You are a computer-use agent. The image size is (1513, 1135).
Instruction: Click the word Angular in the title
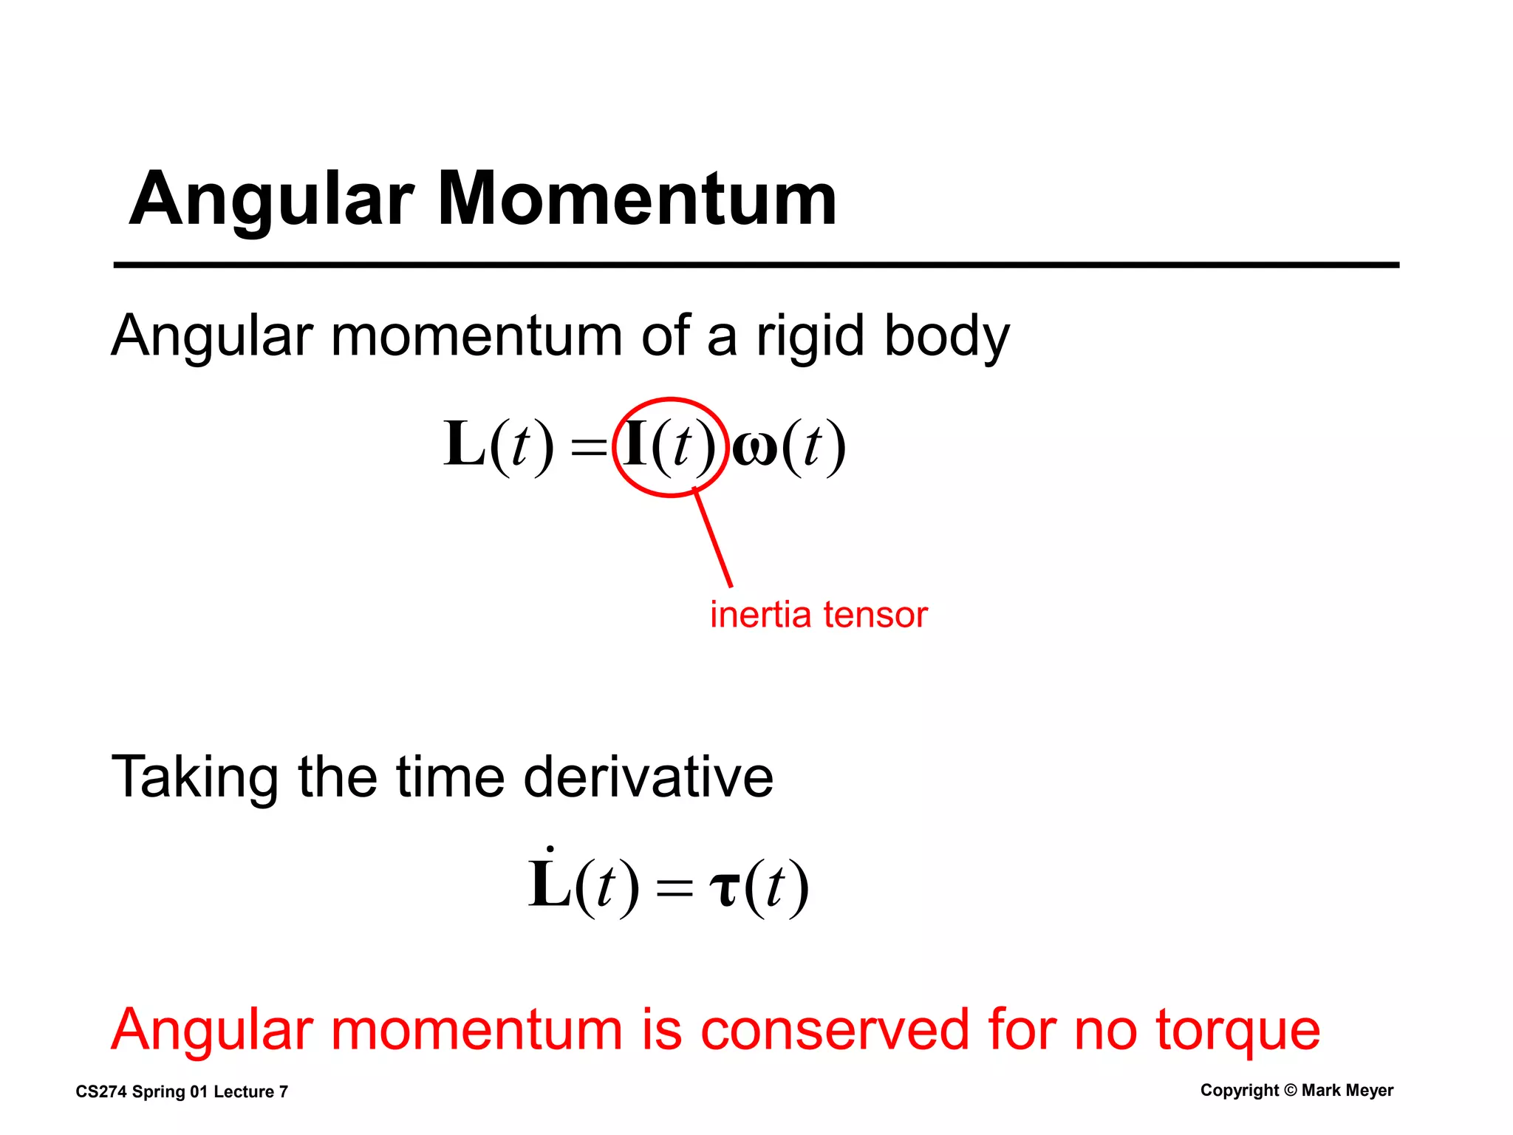270,200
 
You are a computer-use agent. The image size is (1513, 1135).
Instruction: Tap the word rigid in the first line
810,335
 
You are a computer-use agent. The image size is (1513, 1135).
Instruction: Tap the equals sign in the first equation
589,448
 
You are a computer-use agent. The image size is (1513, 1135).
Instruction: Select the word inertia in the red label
761,615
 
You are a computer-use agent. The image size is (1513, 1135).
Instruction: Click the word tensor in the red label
875,616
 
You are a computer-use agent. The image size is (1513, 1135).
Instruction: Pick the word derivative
649,777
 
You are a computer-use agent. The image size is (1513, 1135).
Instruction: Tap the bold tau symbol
724,888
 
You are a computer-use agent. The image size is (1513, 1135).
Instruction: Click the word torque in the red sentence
1237,1032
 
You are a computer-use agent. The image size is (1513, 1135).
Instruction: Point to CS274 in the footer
100,1092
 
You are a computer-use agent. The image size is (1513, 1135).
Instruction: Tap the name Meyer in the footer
1370,1091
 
